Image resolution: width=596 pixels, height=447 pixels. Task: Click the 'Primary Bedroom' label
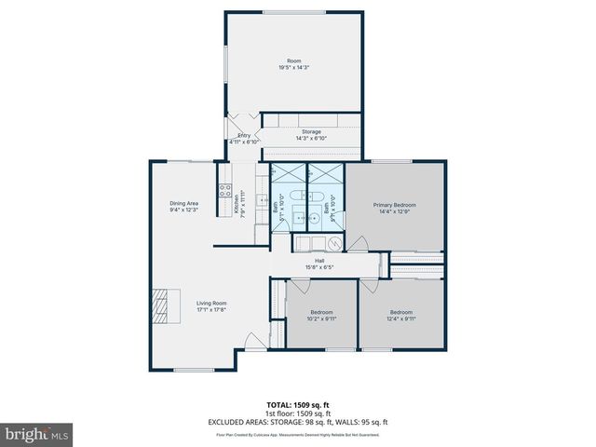pos(395,204)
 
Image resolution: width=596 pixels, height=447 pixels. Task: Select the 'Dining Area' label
pos(184,203)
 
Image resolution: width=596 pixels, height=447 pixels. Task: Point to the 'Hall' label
pos(319,261)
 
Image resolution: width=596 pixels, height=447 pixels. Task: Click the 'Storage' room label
pos(311,131)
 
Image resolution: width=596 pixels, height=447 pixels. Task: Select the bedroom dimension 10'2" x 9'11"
pos(321,317)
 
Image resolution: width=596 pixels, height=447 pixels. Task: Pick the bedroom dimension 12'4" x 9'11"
pos(400,317)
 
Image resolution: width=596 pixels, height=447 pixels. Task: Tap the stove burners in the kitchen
pos(224,194)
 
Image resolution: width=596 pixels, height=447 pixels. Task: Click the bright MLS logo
pos(37,434)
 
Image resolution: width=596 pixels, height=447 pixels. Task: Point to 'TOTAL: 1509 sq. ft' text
pos(297,405)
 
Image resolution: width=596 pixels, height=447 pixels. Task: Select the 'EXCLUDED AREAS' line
pos(297,420)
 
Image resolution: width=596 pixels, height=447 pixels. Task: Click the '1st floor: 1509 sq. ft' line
pos(297,413)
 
